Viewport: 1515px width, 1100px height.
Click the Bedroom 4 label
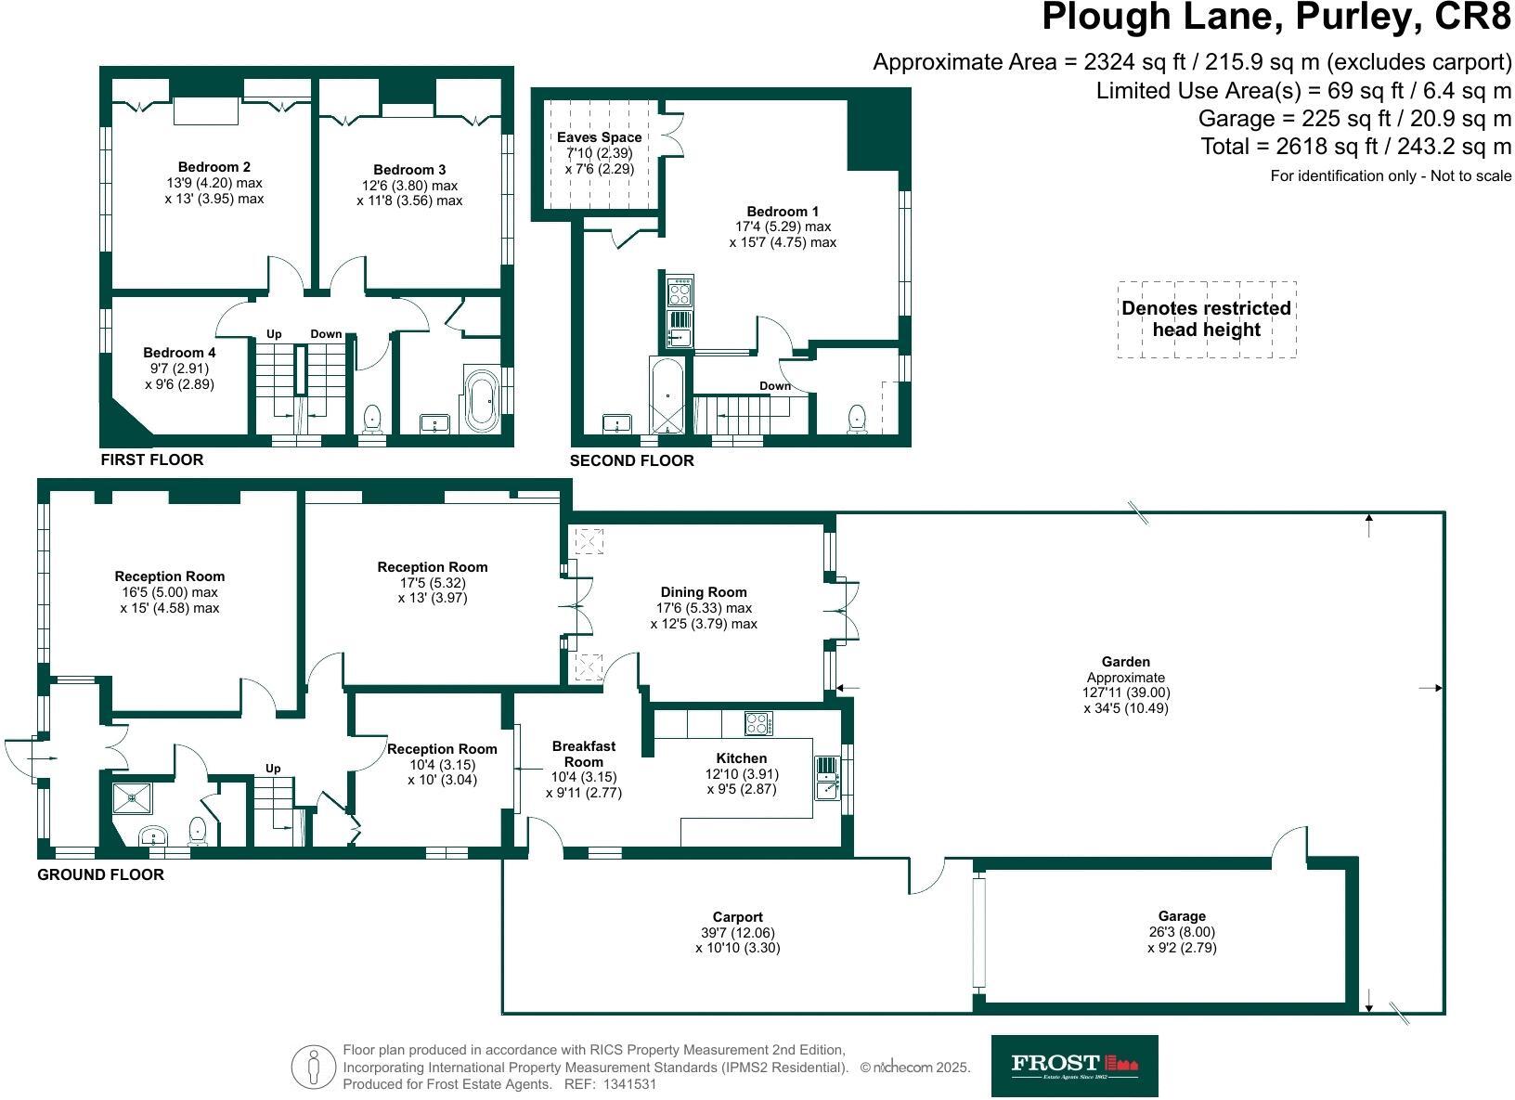[x=179, y=353]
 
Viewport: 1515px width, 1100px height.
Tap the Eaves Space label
[x=600, y=136]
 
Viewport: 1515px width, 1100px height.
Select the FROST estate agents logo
[x=1074, y=1066]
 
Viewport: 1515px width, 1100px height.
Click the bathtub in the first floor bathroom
[x=481, y=400]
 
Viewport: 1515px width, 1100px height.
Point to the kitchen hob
[x=758, y=723]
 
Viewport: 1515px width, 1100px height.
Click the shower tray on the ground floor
[x=133, y=798]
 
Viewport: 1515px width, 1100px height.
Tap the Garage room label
[x=1182, y=916]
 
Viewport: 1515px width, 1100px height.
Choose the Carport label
[x=737, y=917]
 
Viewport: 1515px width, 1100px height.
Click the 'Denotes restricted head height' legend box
[x=1207, y=318]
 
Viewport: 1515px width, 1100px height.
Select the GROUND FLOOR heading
[x=101, y=874]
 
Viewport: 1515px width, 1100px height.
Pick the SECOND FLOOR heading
[x=631, y=460]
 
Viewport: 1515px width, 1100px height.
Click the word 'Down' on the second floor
[x=775, y=385]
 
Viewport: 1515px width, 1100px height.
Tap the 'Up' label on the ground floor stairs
[x=273, y=768]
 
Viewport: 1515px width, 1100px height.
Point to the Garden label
[x=1125, y=662]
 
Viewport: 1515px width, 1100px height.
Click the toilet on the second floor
[x=857, y=419]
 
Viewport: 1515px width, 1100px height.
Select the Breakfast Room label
[x=584, y=754]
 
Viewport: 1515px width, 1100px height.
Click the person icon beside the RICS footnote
[x=313, y=1067]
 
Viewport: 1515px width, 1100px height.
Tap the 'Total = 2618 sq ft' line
[x=1355, y=146]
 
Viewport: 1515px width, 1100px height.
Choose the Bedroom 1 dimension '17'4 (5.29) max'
[x=783, y=226]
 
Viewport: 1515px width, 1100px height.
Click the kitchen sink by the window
[x=826, y=778]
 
